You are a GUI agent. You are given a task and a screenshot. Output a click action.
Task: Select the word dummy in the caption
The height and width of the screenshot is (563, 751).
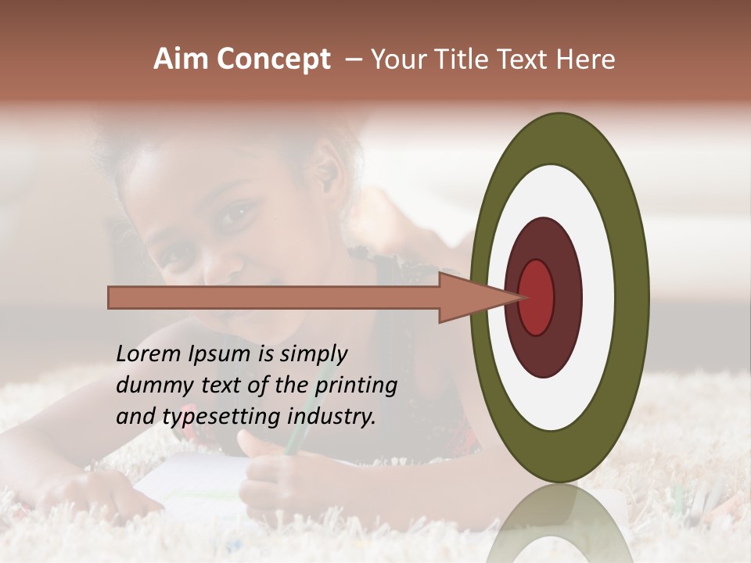(x=149, y=385)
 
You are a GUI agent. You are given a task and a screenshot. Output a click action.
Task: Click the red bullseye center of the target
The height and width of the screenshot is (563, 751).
(x=537, y=297)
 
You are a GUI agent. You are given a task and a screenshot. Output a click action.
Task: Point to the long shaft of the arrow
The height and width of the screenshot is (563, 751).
(x=274, y=297)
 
